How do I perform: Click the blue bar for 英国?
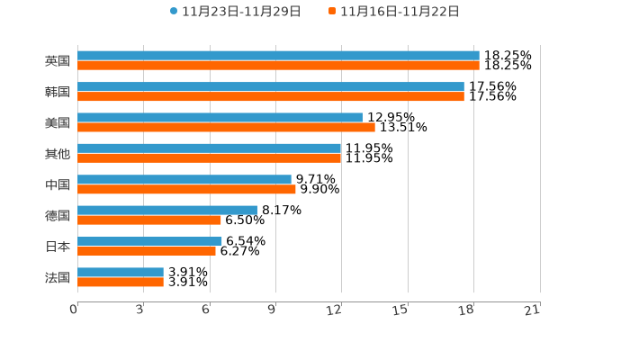(278, 56)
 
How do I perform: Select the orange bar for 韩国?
(271, 96)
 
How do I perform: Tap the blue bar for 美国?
(220, 117)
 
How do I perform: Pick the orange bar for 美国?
(226, 127)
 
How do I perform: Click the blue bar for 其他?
(210, 148)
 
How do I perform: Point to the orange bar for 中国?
(186, 189)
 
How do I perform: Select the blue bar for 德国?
(167, 210)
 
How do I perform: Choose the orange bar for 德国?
(149, 220)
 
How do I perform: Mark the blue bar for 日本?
(149, 241)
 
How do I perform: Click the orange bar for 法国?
(121, 282)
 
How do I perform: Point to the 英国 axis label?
(58, 61)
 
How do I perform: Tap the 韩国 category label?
(58, 92)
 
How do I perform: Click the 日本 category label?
(58, 247)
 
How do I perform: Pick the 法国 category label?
(58, 277)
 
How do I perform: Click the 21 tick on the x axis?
(532, 310)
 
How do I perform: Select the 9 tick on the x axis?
(271, 310)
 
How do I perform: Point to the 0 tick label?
(74, 310)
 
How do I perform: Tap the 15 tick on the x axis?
(400, 310)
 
